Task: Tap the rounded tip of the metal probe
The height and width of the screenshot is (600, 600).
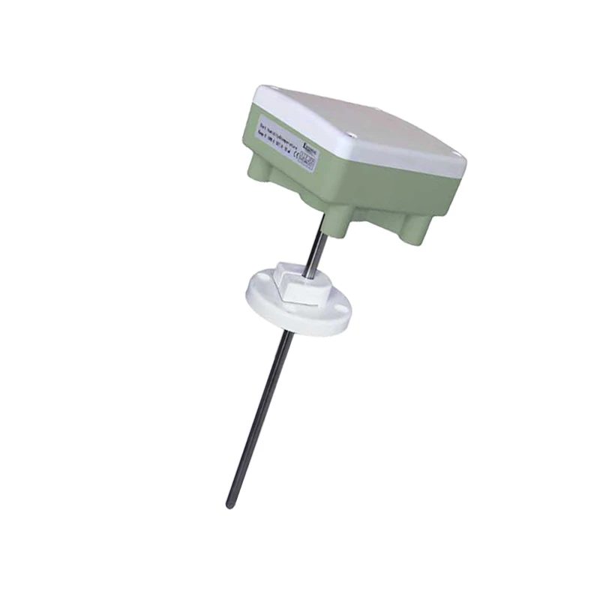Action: pos(230,504)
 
